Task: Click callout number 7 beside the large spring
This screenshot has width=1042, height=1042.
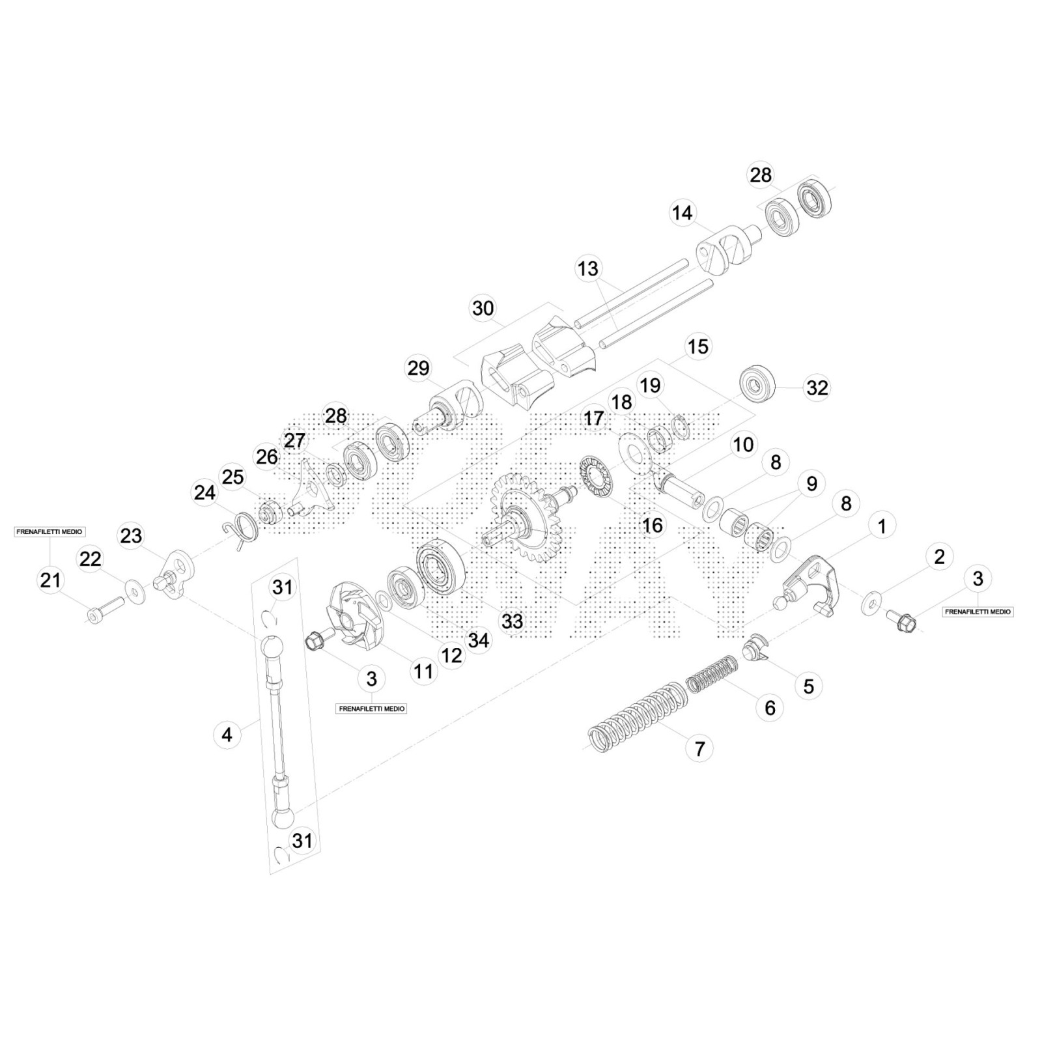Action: (x=699, y=748)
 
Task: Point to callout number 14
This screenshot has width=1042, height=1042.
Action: (x=683, y=213)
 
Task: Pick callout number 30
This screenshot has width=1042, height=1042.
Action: (x=483, y=308)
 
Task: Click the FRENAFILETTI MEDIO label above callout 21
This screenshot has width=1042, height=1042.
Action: (x=49, y=532)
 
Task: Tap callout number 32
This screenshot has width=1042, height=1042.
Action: (x=817, y=387)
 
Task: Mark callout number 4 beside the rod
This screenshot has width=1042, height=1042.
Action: (x=227, y=735)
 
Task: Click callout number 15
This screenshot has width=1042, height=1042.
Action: (x=697, y=346)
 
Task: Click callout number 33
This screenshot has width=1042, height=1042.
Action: (x=512, y=621)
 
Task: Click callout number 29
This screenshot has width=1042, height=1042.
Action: (x=418, y=368)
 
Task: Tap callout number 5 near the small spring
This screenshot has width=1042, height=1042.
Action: (x=808, y=686)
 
